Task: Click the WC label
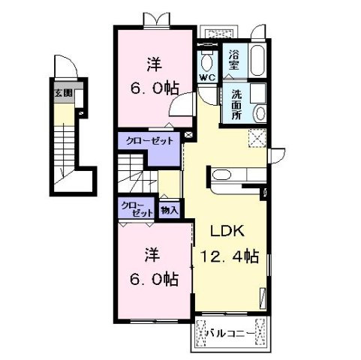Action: (206, 77)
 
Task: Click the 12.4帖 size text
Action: (229, 256)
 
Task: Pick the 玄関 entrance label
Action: (62, 94)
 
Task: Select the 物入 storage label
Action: (169, 210)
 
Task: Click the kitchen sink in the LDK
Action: (223, 177)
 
